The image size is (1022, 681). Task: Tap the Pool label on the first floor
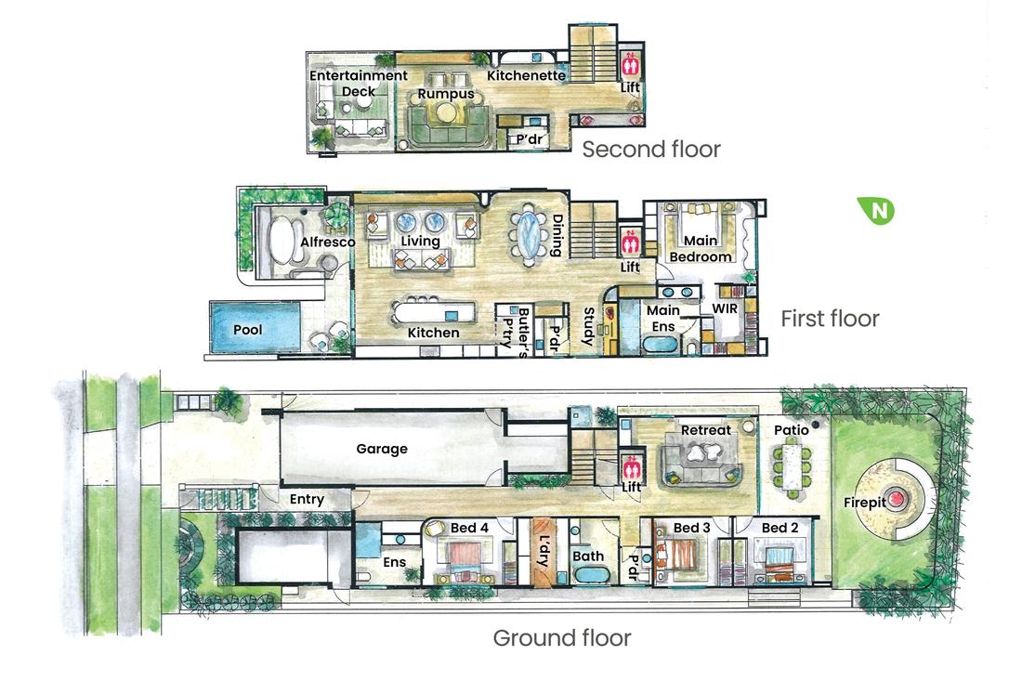point(247,329)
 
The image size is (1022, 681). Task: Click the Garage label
point(382,449)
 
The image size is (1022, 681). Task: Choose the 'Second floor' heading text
point(650,150)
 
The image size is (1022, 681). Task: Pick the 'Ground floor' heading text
point(561,638)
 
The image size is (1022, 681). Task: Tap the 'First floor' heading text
point(829,319)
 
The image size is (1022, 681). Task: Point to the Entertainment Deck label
point(358,83)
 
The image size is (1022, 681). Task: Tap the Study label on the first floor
point(588,327)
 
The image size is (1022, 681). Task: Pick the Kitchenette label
point(527,75)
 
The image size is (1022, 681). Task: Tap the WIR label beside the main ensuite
point(725,308)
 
